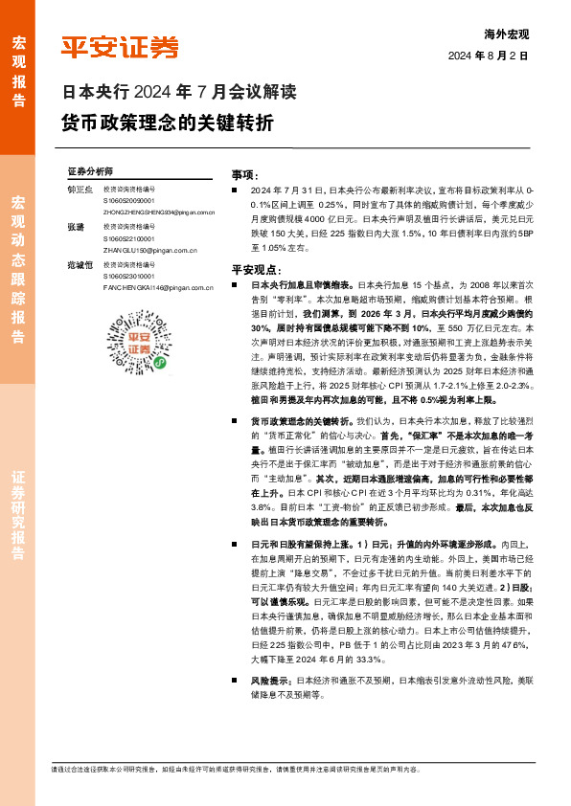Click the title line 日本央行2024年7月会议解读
coord(178,94)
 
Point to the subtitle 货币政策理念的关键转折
coord(168,123)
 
